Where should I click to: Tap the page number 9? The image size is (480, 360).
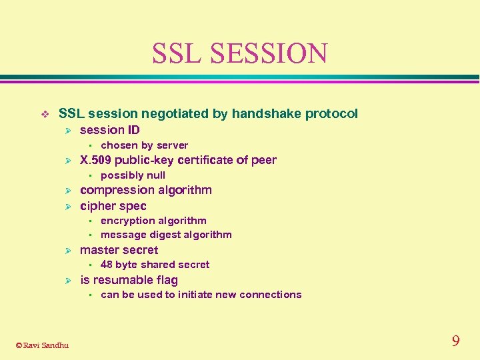[455, 341]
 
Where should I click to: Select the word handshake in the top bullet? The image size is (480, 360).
[259, 114]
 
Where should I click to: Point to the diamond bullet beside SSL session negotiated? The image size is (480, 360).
[45, 115]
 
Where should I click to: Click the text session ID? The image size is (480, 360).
[109, 129]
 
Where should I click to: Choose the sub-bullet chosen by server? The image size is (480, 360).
[144, 145]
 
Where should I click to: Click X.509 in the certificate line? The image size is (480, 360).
[95, 160]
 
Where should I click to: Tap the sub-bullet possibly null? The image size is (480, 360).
[133, 175]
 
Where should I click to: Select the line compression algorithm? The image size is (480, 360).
[145, 190]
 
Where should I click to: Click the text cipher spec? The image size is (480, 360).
[113, 206]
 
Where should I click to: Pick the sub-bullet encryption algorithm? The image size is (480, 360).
[153, 221]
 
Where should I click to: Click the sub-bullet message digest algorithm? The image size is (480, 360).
[166, 235]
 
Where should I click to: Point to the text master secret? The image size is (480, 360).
[119, 250]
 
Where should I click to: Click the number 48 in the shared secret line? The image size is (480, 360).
[106, 265]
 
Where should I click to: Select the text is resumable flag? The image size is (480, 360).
[129, 280]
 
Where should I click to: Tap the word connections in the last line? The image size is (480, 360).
[270, 295]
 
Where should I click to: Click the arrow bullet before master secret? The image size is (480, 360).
[67, 251]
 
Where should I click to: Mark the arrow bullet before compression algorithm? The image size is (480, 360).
[67, 191]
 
